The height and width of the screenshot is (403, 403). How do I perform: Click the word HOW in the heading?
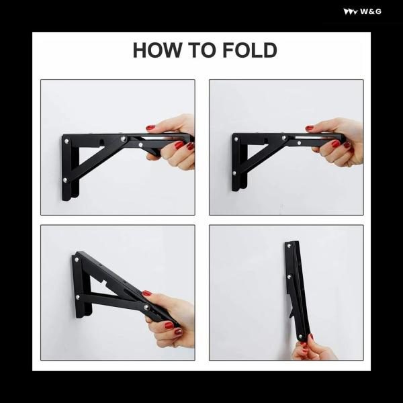point(157,50)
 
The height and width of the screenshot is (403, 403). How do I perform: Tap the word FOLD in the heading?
point(250,50)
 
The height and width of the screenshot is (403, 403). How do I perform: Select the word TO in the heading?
point(201,50)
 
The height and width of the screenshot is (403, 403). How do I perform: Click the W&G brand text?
point(370,11)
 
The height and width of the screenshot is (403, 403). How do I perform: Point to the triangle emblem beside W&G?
point(351,12)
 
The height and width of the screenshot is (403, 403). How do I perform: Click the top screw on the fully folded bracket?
point(289,246)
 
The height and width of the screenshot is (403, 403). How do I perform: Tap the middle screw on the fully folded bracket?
point(289,277)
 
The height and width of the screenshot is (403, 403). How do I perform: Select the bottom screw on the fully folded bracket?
point(300,337)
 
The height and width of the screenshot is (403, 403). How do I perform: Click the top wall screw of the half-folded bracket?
point(77,259)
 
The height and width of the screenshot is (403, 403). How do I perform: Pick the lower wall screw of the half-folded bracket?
point(78,298)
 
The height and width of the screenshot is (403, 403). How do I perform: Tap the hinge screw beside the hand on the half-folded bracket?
point(146,307)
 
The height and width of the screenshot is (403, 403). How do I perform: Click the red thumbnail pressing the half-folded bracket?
point(146,293)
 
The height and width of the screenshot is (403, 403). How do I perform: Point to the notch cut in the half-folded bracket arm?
point(104,283)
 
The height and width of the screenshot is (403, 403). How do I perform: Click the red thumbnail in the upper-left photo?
point(150,127)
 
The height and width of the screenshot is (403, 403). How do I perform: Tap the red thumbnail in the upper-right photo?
point(310,128)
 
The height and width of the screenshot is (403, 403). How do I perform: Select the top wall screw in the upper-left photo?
point(66,141)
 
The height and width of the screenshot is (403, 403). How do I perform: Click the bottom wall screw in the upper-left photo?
point(65,180)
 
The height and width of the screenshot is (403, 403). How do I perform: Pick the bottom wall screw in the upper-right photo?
point(234,173)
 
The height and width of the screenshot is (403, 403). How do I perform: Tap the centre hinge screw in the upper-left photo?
point(124,139)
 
